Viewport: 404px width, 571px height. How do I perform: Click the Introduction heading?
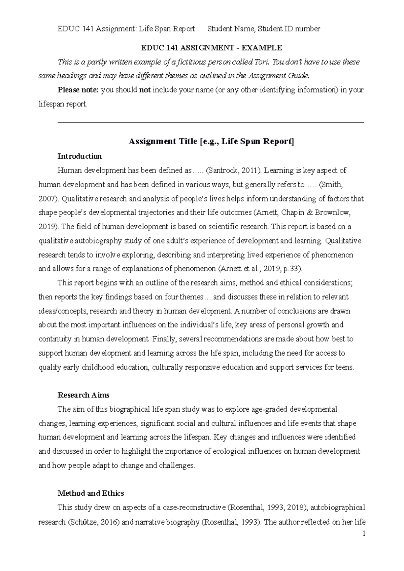click(x=79, y=156)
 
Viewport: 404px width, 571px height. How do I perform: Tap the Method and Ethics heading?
click(x=91, y=493)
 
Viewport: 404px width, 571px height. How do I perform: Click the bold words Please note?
click(x=78, y=90)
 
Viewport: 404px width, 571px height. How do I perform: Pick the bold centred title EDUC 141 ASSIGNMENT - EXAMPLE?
click(x=211, y=48)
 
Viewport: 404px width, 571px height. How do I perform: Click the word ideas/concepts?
click(x=63, y=311)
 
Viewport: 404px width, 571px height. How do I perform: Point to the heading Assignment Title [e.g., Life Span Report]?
click(x=211, y=142)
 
